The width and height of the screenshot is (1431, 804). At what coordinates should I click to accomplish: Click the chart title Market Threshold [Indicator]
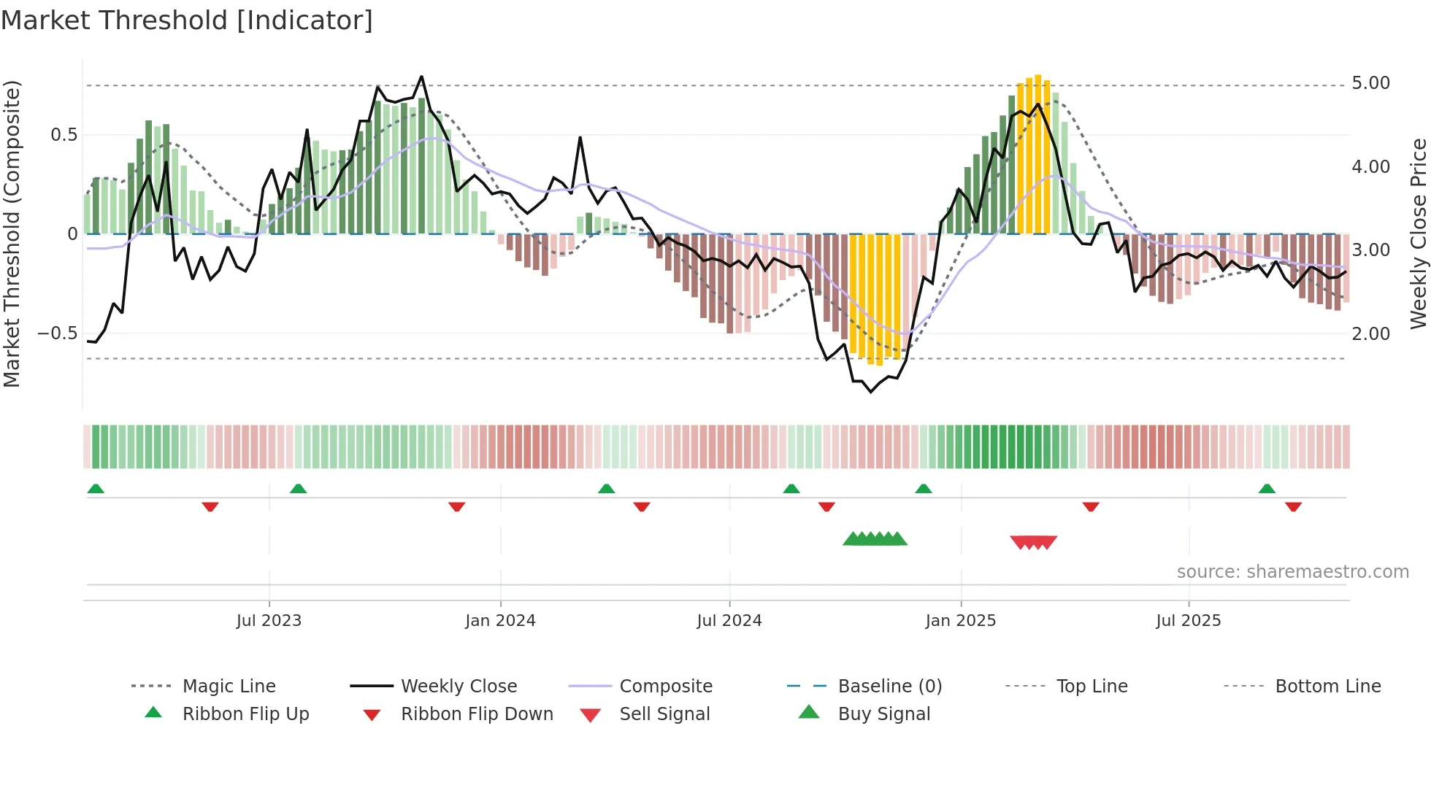(187, 20)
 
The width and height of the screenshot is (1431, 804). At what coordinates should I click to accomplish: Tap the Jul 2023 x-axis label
(269, 621)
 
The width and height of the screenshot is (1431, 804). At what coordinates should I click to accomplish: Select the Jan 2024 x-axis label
(500, 621)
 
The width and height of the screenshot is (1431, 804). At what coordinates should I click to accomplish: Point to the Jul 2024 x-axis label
(729, 621)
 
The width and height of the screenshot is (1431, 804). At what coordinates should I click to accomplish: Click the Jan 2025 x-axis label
(960, 621)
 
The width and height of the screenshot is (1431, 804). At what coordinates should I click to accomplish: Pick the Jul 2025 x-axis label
(1188, 621)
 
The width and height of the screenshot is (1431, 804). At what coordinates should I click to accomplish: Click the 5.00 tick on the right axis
(1370, 83)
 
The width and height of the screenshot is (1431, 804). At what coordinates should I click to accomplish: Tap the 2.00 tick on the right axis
(1370, 334)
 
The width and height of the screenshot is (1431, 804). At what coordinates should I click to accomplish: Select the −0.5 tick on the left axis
(57, 333)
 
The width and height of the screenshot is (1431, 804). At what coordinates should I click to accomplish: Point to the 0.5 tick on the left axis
(64, 135)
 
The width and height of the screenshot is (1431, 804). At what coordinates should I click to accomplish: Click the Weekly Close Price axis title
(1418, 233)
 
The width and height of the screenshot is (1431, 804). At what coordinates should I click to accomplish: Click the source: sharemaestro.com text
(1292, 572)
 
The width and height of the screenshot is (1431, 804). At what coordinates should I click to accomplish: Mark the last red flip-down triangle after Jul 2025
(1293, 506)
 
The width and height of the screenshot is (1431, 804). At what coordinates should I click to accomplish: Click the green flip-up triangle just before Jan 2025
(924, 489)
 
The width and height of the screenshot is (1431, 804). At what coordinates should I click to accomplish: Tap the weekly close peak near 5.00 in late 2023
(421, 77)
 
